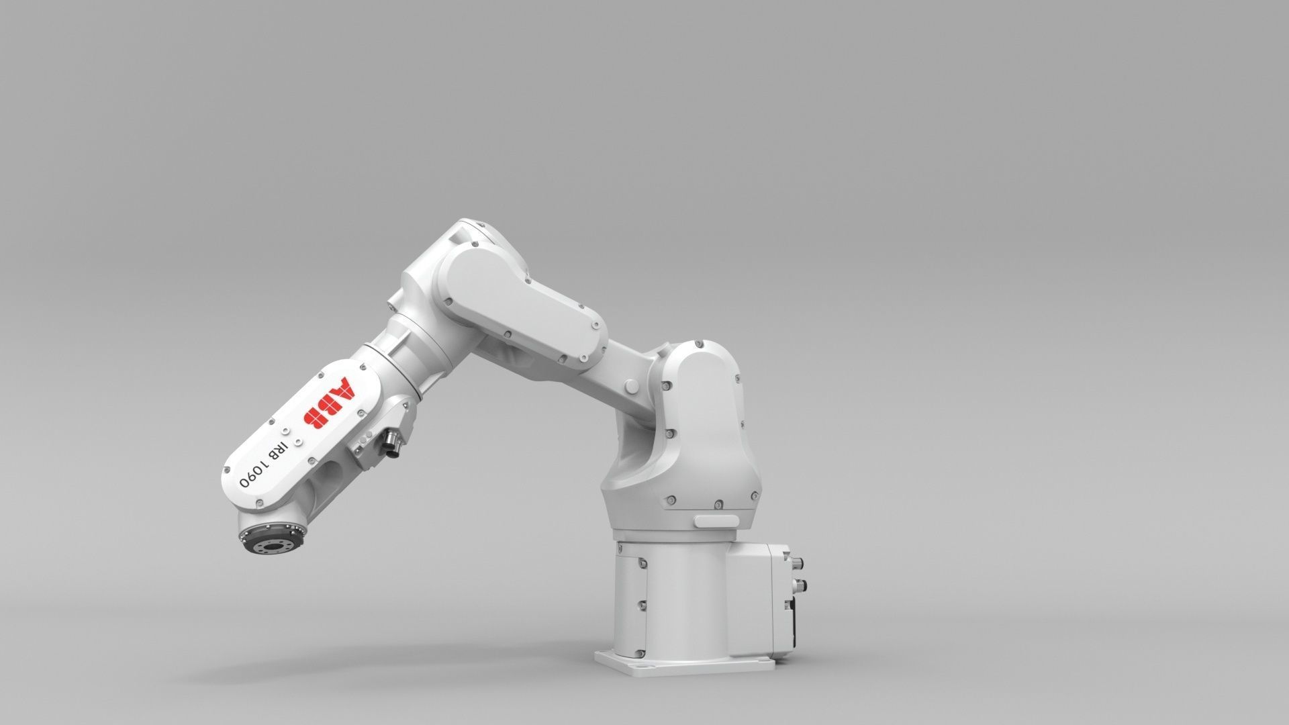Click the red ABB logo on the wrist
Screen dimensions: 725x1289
pos(330,403)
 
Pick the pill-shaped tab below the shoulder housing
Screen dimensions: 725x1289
pos(717,521)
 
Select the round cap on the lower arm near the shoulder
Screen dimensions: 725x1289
pos(632,387)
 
